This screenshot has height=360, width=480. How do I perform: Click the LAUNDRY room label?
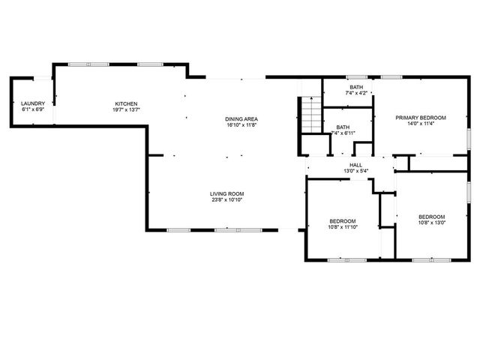[x=33, y=103]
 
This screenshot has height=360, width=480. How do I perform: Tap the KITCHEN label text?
[x=126, y=103]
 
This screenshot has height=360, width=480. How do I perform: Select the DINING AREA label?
[x=241, y=119]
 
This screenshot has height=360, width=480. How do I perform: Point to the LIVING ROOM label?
[x=226, y=194]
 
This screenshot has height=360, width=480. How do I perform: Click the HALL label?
[x=355, y=165]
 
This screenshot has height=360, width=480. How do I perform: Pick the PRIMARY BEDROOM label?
[x=421, y=118]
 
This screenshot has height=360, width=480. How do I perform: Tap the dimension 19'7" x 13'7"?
[x=126, y=110]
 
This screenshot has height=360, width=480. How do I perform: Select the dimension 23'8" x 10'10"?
[x=226, y=201]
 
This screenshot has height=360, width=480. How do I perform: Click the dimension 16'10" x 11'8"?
[x=241, y=126]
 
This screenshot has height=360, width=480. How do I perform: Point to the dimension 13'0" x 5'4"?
[x=355, y=172]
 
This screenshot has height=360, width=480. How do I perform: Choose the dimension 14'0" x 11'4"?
[x=421, y=124]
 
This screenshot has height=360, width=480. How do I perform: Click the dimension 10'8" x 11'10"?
[x=342, y=227]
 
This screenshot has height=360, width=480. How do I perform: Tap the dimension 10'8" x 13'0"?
[x=431, y=223]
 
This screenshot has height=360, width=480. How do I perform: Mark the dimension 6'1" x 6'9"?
[x=33, y=110]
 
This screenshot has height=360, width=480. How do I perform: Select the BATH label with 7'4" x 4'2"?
[x=355, y=87]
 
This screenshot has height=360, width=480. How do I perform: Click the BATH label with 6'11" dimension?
[x=343, y=127]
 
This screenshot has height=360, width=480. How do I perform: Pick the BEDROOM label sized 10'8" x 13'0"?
[x=431, y=216]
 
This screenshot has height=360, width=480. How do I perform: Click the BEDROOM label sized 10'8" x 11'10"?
[x=342, y=220]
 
